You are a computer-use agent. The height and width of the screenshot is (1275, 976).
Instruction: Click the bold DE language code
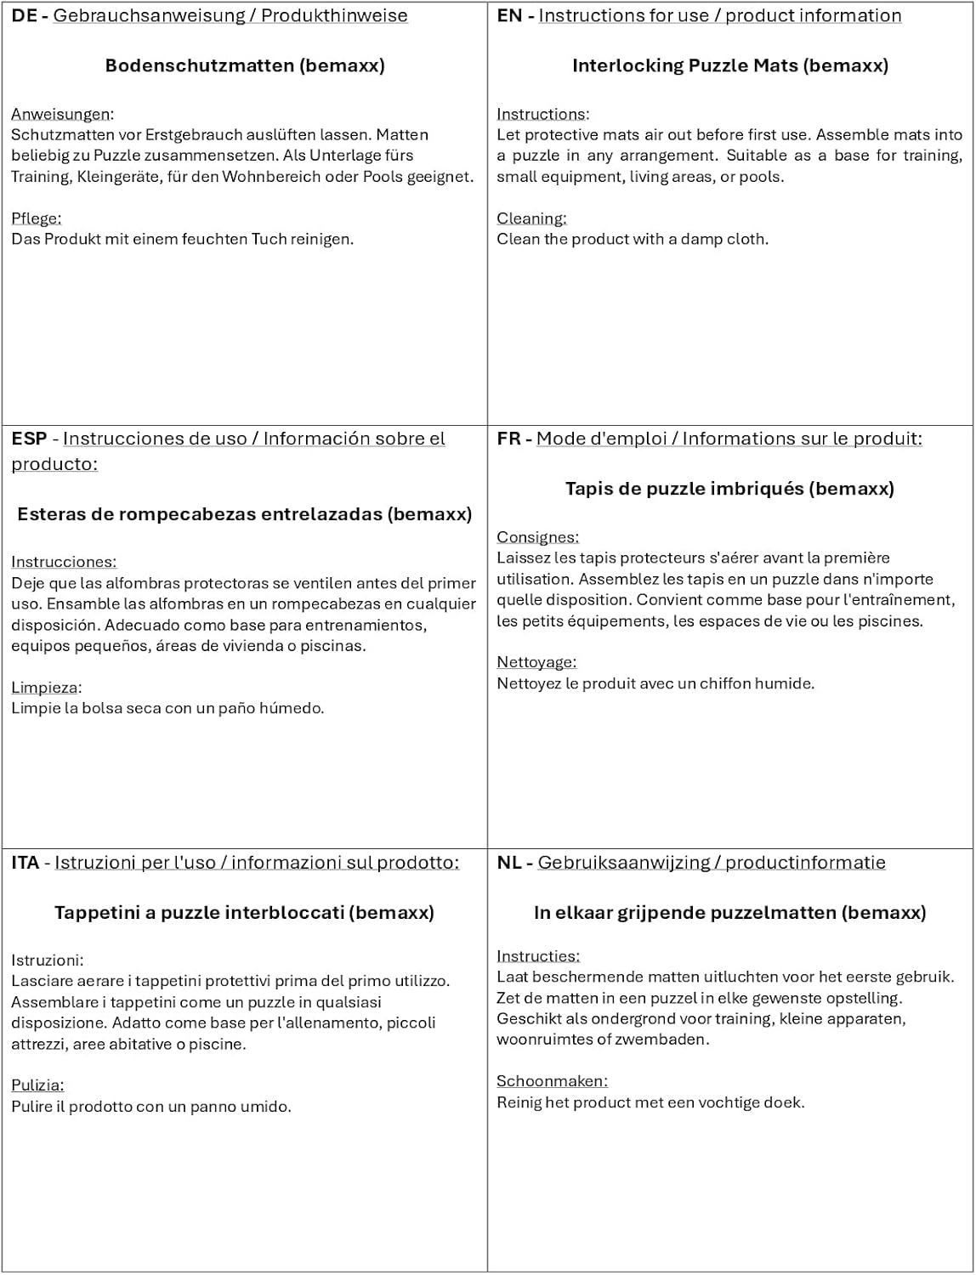25,15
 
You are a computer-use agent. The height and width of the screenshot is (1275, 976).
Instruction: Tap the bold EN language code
509,15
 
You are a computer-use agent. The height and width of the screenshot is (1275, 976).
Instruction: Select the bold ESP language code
29,439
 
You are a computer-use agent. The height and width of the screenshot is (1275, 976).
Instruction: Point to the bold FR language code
508,439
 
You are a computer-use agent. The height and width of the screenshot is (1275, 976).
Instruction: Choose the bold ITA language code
26,863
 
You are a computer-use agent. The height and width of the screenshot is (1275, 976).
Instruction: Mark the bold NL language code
508,863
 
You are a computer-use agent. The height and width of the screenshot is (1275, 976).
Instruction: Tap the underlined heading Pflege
36,218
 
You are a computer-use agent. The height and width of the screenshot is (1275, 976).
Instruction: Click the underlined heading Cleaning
531,218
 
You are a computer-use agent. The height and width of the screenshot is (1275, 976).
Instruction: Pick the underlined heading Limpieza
45,688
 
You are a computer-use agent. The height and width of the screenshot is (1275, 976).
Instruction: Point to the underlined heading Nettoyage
536,662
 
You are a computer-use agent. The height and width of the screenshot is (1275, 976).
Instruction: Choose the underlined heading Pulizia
37,1085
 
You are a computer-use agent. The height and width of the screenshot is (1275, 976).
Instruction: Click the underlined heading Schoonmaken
552,1081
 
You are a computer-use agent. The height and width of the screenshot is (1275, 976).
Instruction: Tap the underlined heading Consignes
537,537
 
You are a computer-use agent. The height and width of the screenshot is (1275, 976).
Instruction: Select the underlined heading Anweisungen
61,114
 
